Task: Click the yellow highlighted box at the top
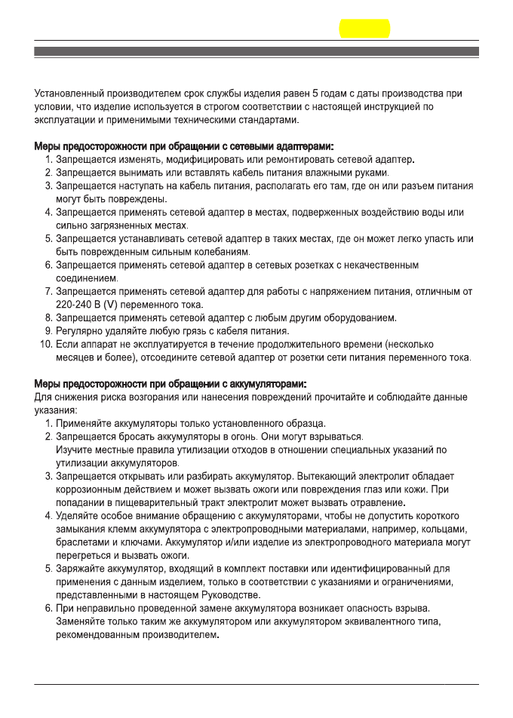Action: (x=365, y=29)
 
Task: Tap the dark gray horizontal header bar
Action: (x=256, y=51)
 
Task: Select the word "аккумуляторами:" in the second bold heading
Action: (x=267, y=384)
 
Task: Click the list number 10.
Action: (x=45, y=344)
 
